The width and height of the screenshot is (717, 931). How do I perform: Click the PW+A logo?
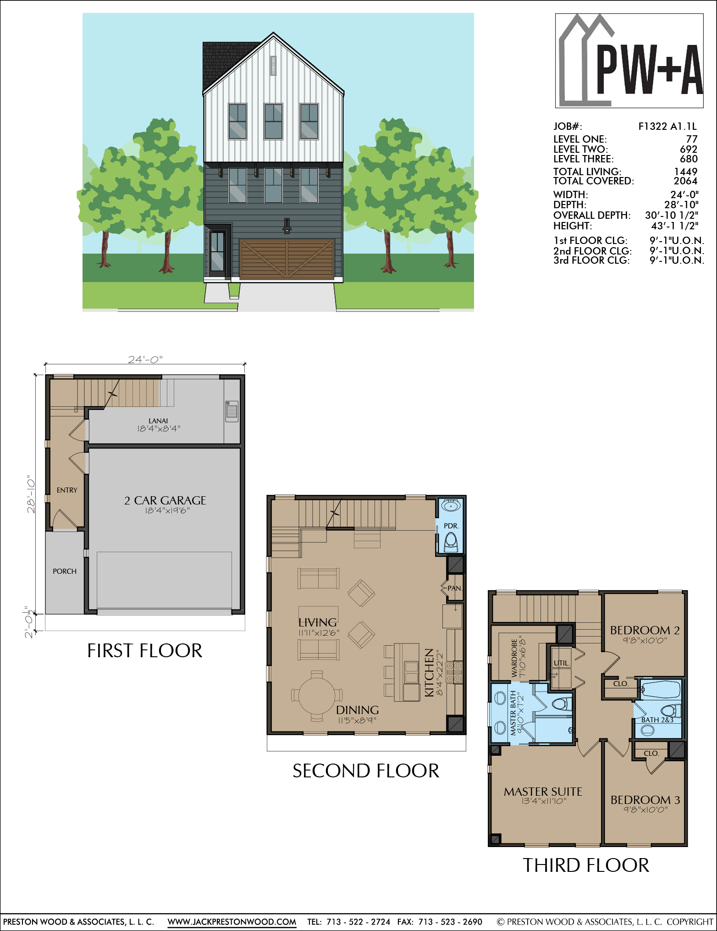629,61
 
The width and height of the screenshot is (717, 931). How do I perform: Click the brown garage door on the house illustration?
287,259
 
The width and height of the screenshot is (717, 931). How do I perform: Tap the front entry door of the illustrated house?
217,253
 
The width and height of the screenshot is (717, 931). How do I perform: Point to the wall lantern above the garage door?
287,226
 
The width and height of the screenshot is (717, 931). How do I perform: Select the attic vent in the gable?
273,66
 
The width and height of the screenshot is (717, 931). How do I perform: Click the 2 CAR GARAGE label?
165,500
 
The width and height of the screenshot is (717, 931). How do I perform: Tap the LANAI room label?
158,421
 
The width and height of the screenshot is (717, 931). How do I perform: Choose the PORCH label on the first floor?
65,571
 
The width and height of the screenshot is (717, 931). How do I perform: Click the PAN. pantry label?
455,588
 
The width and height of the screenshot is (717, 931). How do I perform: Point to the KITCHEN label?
429,672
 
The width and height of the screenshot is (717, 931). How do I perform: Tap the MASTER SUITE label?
543,792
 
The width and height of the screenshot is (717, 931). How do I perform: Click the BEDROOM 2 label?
645,630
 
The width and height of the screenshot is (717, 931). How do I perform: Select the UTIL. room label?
562,663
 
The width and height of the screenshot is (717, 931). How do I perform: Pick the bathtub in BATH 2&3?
660,689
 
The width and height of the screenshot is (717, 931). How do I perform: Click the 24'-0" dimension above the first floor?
145,360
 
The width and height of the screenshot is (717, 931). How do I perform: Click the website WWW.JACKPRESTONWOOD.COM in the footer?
232,922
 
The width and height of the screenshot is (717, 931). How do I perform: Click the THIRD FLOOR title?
586,865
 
